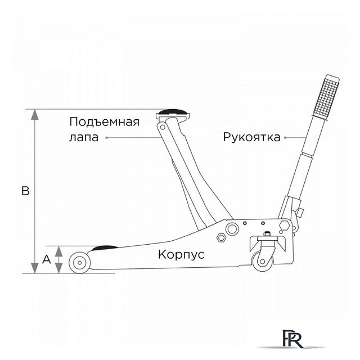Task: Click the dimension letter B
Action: click(25, 191)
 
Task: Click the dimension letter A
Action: click(47, 259)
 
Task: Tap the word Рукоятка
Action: click(251, 137)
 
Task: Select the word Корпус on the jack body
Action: click(181, 254)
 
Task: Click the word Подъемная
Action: click(104, 122)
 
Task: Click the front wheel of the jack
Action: click(79, 263)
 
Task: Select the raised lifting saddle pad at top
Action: click(174, 113)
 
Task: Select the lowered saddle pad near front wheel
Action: click(105, 246)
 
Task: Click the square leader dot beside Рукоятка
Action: click(286, 137)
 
